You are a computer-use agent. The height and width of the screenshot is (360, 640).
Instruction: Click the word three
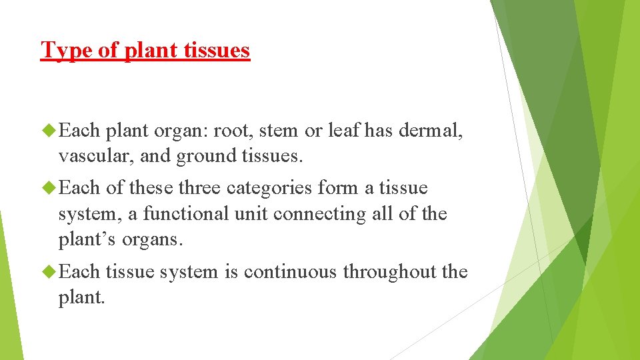(x=200, y=188)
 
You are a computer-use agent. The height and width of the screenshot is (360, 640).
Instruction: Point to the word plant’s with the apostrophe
(x=87, y=240)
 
